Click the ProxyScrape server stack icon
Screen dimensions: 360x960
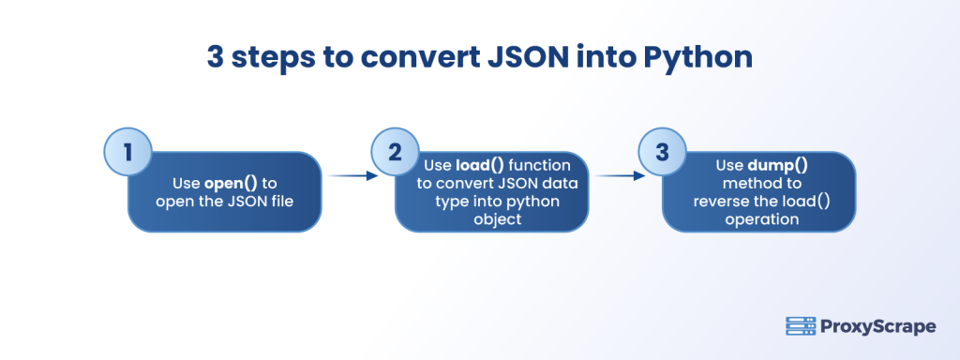799,326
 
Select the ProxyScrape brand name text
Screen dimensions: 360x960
875,326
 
